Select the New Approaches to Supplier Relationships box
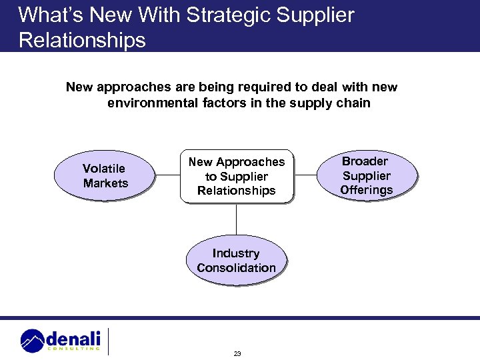[236, 176]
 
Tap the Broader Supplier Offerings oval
[367, 176]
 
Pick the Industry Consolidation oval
[236, 261]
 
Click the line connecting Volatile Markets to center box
[167, 176]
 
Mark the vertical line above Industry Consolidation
[236, 219]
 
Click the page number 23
[237, 353]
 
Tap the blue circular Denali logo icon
[33, 340]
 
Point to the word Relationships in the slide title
[82, 40]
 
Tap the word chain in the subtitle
[353, 103]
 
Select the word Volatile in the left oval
[103, 168]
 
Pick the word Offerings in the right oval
[367, 190]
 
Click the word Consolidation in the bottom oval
[236, 268]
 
